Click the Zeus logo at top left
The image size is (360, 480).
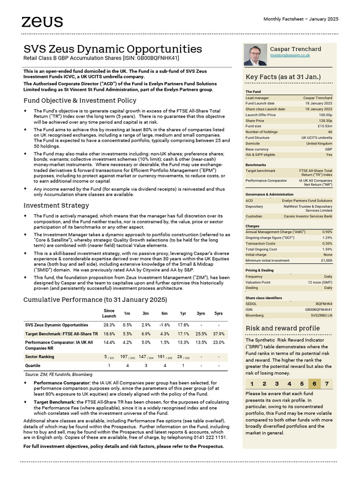pos(42,21)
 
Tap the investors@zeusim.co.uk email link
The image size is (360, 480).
pos(289,55)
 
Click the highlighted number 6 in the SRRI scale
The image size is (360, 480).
pos(314,383)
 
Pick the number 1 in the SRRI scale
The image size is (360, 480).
pos(253,383)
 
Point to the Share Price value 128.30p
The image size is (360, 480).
pos(324,120)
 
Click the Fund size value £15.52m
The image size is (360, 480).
pos(324,126)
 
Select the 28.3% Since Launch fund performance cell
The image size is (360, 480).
pos(109,324)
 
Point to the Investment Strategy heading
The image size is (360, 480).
pos(56,205)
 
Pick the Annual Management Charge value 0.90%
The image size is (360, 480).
pos(327,232)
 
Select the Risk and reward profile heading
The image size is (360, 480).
pos(283,328)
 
